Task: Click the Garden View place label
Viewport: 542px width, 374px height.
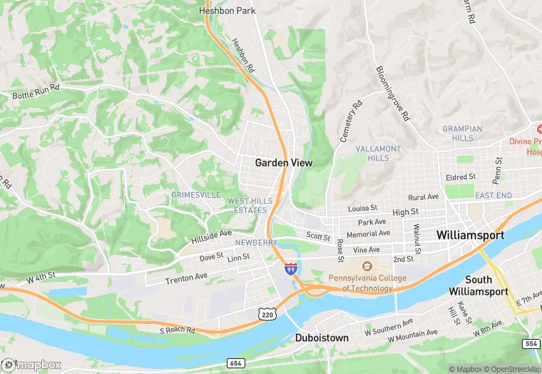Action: pos(284,163)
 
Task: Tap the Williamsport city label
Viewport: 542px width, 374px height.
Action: pos(470,235)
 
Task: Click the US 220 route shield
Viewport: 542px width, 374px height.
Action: pos(267,314)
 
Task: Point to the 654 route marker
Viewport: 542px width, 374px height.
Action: pos(236,363)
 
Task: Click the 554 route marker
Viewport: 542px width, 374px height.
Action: pos(531,343)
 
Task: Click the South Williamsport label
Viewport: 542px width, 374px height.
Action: pos(479,285)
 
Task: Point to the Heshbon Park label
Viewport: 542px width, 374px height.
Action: pos(227,11)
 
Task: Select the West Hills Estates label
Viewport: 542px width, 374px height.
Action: pos(247,206)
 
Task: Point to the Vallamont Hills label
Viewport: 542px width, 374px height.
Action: pos(378,153)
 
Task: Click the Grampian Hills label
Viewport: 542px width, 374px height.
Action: pos(462,133)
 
